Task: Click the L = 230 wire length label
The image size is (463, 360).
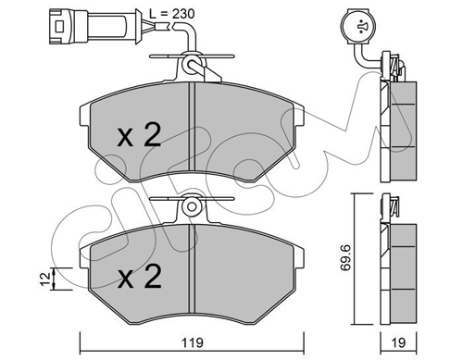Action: tap(171, 14)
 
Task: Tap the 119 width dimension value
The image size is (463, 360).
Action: tap(192, 342)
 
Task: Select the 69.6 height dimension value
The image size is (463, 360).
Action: tap(345, 258)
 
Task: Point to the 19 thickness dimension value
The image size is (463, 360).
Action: tap(398, 342)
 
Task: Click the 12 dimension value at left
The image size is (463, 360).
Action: tap(45, 279)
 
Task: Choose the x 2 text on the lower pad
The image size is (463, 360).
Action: tap(139, 277)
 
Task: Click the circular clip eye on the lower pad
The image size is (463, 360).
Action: tap(191, 206)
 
